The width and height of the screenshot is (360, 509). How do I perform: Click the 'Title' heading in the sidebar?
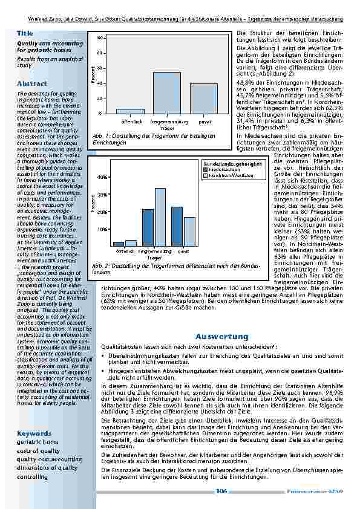pyautogui.click(x=25, y=33)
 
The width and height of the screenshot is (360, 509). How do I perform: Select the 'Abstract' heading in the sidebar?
pyautogui.click(x=32, y=83)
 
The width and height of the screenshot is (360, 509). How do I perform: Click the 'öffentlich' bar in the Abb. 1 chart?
pyautogui.click(x=130, y=111)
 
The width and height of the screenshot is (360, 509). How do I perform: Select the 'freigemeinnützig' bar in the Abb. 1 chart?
pyautogui.click(x=166, y=92)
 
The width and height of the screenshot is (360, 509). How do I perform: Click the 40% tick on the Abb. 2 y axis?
pyautogui.click(x=102, y=177)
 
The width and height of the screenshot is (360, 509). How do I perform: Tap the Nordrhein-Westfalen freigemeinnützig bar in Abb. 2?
pyautogui.click(x=160, y=217)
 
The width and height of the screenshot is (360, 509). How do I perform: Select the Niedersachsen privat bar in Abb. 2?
pyautogui.click(x=177, y=226)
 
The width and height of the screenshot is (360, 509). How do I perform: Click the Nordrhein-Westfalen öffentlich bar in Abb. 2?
pyautogui.click(x=131, y=242)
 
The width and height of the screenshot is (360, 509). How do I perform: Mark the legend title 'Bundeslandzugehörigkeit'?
pyautogui.click(x=233, y=164)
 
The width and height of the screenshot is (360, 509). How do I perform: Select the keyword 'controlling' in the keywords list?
pyautogui.click(x=32, y=476)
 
